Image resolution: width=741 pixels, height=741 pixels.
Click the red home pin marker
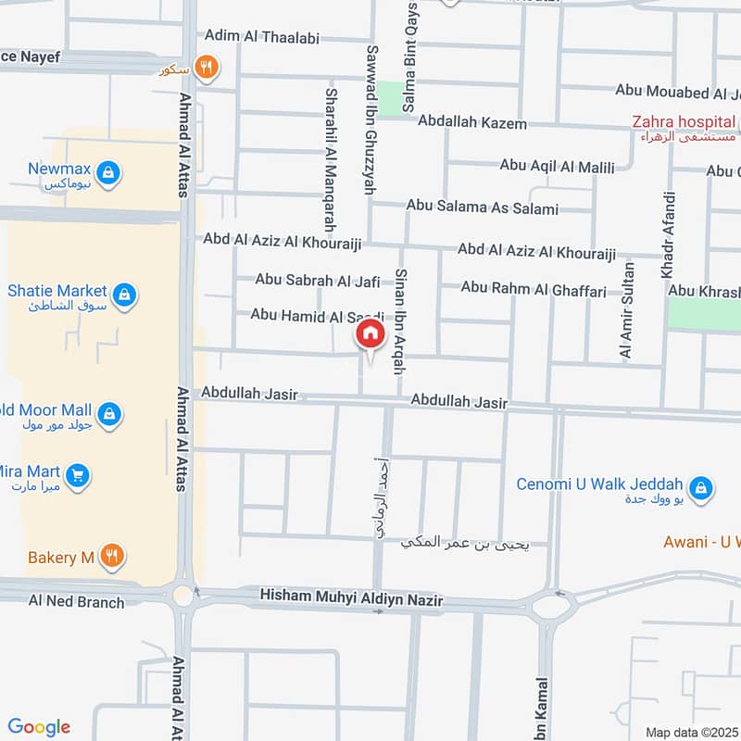pos(370,333)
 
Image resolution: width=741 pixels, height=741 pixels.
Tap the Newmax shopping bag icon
pos(108,173)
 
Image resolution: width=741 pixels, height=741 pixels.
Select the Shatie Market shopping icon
pos(125,295)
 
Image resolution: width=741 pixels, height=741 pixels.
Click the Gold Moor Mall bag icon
pos(109,414)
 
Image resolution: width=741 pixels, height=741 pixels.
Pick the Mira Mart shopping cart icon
pos(79,475)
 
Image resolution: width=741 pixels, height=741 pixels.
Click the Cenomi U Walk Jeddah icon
pos(702,488)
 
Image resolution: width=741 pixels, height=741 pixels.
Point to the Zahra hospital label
pos(684,121)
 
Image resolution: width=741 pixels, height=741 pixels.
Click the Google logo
pos(39,727)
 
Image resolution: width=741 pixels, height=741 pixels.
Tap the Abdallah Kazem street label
pos(471,122)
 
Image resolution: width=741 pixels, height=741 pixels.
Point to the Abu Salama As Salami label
pos(482,208)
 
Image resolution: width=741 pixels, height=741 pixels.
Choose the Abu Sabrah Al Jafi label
pos(318,279)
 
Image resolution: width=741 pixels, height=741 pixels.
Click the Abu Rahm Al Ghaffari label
pos(534,291)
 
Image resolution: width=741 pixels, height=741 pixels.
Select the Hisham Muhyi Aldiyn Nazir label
pos(351,600)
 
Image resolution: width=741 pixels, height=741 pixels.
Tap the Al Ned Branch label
pos(76,602)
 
